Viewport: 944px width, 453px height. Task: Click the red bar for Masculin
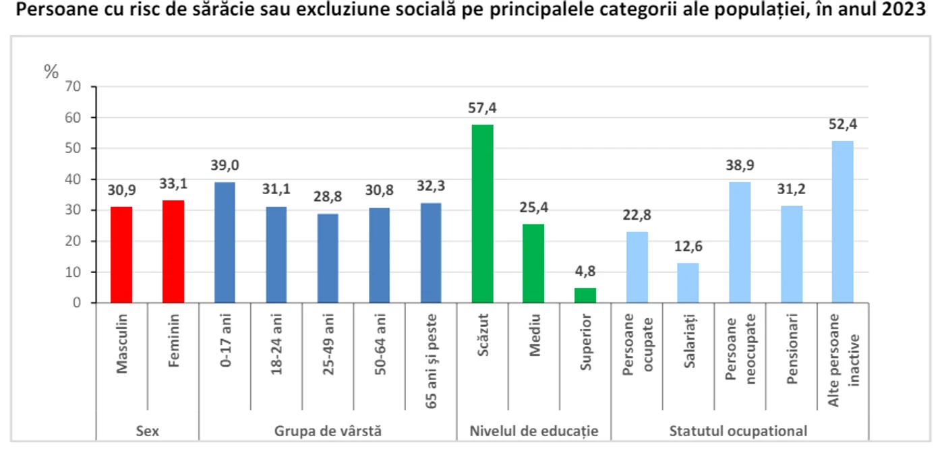[x=121, y=255]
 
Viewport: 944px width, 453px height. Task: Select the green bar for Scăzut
[x=483, y=214]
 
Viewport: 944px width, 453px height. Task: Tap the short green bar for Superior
[x=585, y=295]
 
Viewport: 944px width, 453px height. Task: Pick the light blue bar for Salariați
[x=688, y=283]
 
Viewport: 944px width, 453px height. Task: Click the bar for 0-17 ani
[x=225, y=242]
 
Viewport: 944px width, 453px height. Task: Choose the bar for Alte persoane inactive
[x=843, y=222]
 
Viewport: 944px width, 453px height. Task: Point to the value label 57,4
[x=483, y=109]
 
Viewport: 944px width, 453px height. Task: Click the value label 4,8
[x=585, y=272]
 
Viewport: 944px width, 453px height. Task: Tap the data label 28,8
[x=328, y=196]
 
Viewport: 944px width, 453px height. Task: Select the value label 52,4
[x=843, y=124]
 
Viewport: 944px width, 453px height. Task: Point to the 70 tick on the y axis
[x=73, y=86]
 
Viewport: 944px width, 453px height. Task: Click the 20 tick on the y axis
[x=73, y=241]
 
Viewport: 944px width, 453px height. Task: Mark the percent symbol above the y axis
[x=51, y=71]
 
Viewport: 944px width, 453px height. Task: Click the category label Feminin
[x=174, y=340]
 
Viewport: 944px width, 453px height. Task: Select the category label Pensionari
[x=792, y=349]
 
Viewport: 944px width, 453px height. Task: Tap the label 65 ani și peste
[x=431, y=361]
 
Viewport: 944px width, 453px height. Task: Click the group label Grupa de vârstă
[x=328, y=431]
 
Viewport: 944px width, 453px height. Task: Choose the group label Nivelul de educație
[x=534, y=431]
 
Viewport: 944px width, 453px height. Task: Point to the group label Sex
[x=148, y=431]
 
